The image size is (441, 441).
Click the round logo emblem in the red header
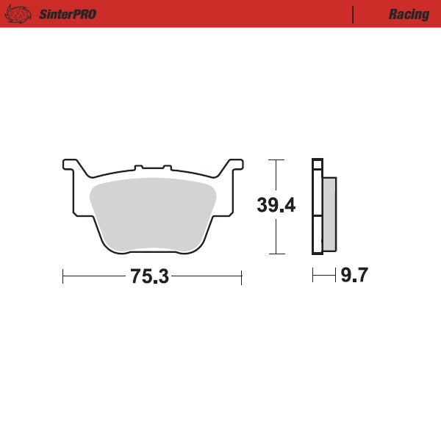pyautogui.click(x=19, y=14)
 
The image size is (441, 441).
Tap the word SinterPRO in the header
pyautogui.click(x=68, y=15)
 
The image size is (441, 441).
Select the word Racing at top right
pyautogui.click(x=409, y=15)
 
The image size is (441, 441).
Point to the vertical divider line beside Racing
pyautogui.click(x=354, y=15)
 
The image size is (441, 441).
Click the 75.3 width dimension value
pyautogui.click(x=150, y=277)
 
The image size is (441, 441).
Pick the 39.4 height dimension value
pyautogui.click(x=276, y=206)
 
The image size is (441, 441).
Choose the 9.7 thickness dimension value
pyautogui.click(x=354, y=276)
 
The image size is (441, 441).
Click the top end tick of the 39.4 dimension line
pyautogui.click(x=276, y=159)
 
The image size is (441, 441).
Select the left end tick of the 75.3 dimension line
pyautogui.click(x=64, y=277)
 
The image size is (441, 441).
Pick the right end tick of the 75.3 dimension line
pyautogui.click(x=241, y=277)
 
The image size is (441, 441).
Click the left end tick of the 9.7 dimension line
pyautogui.click(x=313, y=276)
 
